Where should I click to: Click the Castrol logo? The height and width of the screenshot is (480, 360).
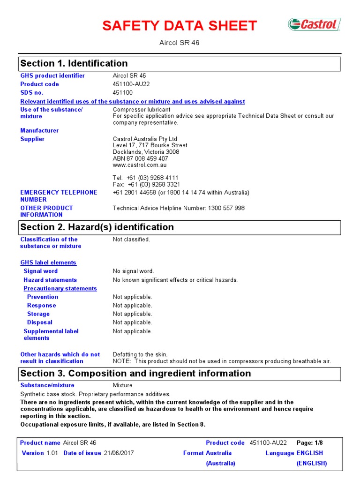pos(314,24)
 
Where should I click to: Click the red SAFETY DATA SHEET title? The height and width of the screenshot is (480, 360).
pos(180,26)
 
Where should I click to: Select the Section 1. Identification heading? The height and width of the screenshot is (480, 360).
pos(74,63)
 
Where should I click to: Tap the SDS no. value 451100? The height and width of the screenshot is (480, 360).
pos(123,93)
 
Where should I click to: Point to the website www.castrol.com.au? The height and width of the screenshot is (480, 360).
pos(140,165)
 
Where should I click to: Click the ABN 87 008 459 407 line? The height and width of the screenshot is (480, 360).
pos(140,158)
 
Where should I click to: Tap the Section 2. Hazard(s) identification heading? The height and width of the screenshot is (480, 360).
pos(97,227)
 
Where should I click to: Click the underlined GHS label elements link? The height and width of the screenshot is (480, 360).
pos(48,262)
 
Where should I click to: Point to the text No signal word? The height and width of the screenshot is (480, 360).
pos(133,271)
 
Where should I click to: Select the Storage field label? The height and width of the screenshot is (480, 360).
pos(38,314)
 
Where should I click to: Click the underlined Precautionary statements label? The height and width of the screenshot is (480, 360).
pos(60,288)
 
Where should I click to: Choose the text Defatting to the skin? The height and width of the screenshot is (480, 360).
pos(140,354)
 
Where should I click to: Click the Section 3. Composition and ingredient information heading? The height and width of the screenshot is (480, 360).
pos(136,374)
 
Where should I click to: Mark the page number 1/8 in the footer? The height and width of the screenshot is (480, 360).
pos(319,443)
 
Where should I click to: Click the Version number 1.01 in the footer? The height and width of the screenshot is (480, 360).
pos(52,453)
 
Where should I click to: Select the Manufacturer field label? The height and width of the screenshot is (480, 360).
pos(39,130)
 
